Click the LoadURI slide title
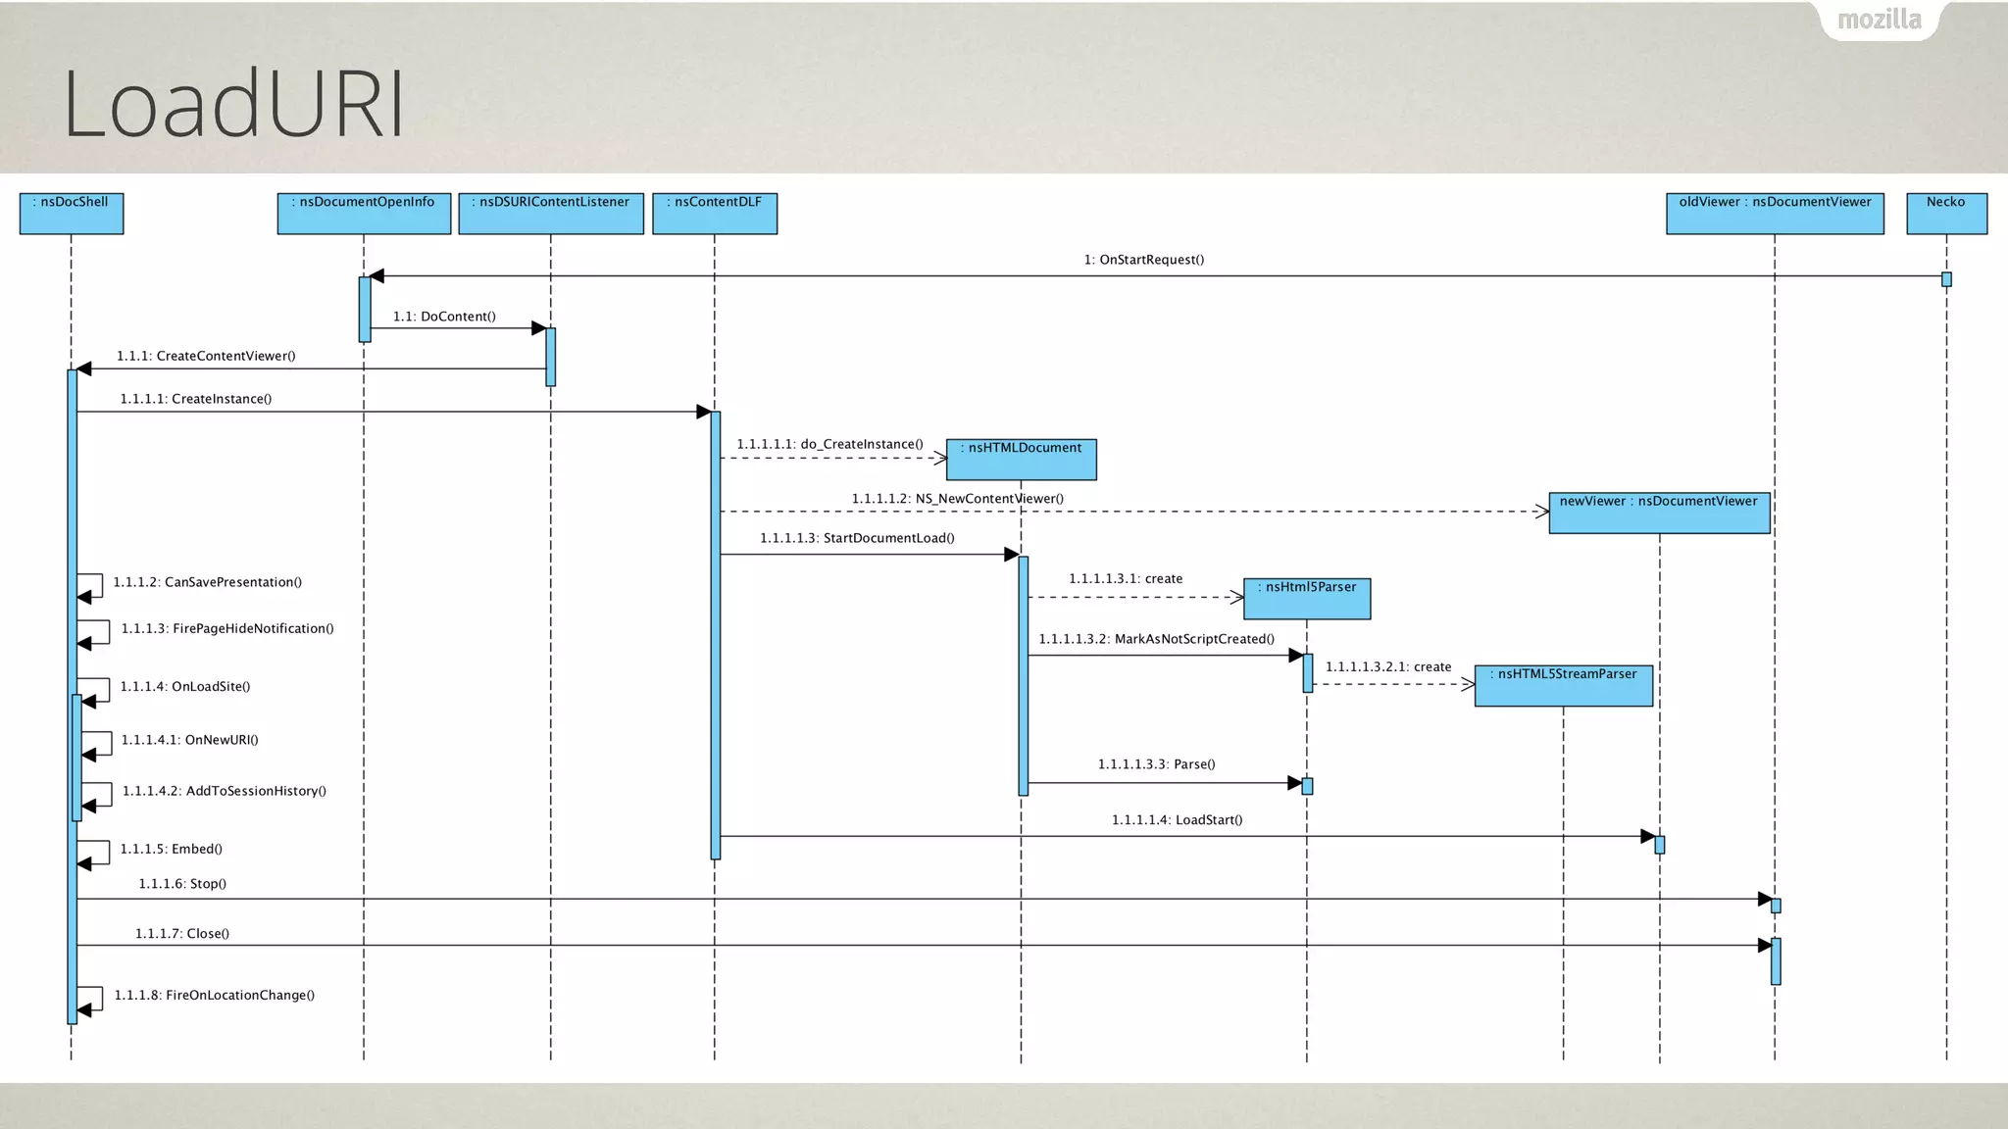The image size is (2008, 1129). pos(233,104)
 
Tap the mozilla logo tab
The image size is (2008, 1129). pos(1879,20)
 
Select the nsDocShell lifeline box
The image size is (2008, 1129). pos(72,213)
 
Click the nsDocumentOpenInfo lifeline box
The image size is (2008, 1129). pos(364,213)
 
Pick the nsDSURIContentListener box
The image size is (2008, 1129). pos(551,213)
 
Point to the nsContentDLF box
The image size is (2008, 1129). pos(715,213)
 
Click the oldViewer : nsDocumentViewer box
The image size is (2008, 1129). pos(1775,213)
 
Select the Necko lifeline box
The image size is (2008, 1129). pos(1946,213)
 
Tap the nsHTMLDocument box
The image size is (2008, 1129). pos(1021,459)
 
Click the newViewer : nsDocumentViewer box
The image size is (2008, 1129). pos(1659,513)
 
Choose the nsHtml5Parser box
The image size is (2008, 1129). pos(1307,598)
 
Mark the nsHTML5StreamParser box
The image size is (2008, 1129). pos(1563,685)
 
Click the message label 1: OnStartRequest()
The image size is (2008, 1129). pos(1143,260)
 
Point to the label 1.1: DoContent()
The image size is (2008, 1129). pos(444,317)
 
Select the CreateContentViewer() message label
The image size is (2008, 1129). pos(206,356)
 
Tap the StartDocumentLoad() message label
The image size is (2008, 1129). pos(857,538)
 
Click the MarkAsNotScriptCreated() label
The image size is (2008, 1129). pos(1156,639)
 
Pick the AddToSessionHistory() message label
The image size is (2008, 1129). pos(224,791)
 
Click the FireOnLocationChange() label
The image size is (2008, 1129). pos(214,995)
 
